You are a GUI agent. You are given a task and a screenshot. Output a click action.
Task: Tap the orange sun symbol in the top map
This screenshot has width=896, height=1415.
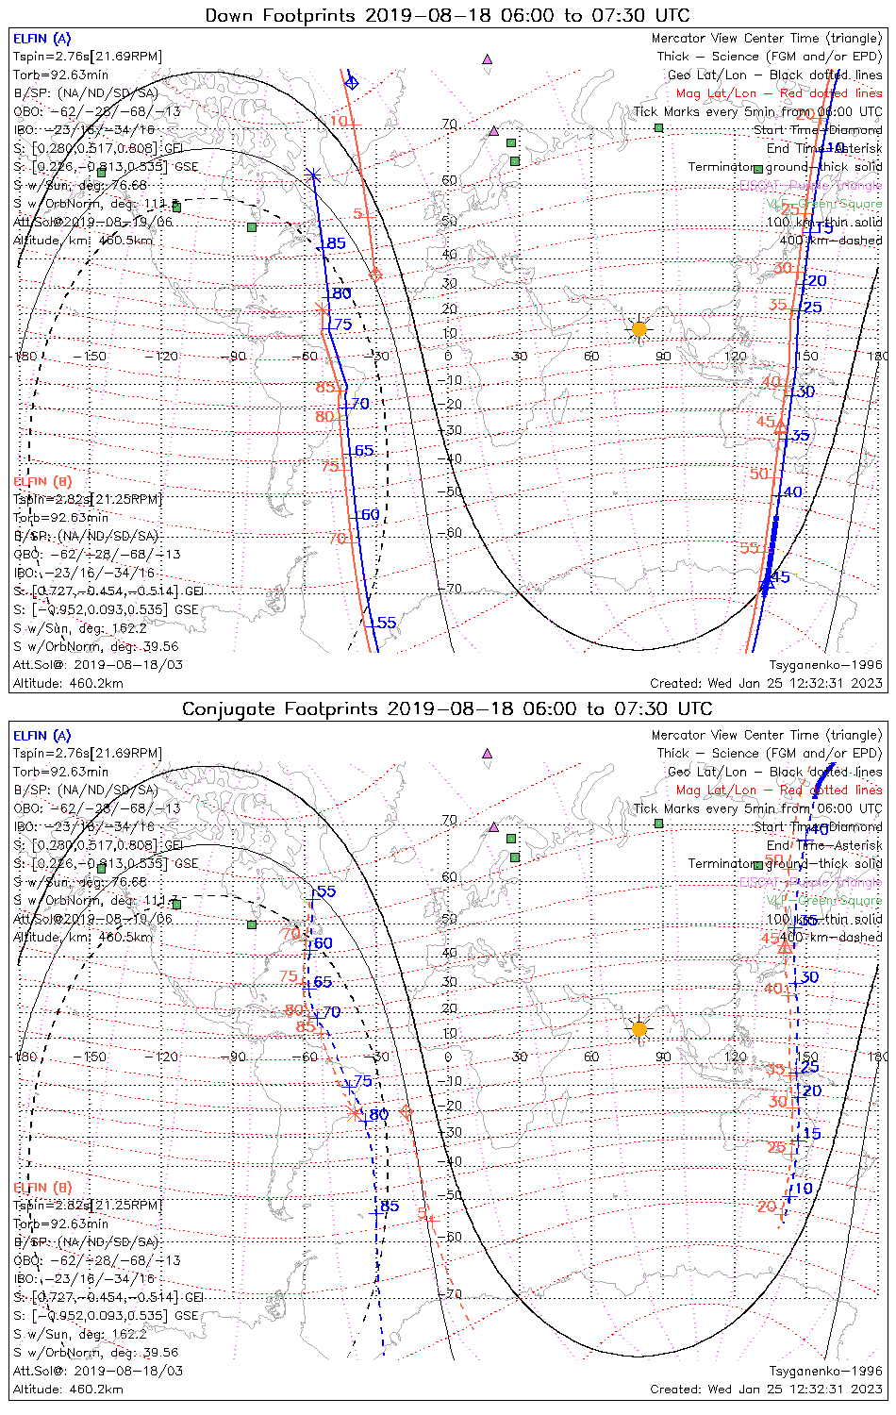[x=639, y=329]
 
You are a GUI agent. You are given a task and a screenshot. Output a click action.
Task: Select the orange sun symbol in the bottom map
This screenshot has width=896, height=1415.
[x=639, y=1028]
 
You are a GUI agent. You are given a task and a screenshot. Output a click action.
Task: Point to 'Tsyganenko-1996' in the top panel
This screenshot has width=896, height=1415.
[x=825, y=665]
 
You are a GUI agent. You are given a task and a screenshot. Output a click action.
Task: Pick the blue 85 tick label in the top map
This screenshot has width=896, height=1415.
[x=336, y=243]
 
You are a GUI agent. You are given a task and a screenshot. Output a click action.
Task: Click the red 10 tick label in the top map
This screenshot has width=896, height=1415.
[x=339, y=122]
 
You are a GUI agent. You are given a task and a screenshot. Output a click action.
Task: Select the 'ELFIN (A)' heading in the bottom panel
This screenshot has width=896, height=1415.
[x=42, y=736]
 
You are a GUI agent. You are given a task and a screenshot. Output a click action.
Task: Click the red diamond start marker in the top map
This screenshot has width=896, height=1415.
[x=375, y=275]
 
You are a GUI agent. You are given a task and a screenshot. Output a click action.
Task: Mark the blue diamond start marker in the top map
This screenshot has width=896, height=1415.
[x=352, y=83]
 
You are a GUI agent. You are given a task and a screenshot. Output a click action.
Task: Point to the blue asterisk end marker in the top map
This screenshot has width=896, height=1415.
[x=314, y=175]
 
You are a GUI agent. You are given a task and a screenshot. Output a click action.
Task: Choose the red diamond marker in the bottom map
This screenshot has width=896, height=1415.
[x=407, y=1112]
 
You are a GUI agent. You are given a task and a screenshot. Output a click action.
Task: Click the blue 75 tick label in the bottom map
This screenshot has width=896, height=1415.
[x=363, y=1081]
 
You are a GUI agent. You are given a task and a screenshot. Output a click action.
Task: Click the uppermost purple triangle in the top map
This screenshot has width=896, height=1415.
[x=488, y=58]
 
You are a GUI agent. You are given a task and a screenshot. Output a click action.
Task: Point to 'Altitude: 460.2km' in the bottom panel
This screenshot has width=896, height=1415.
[x=68, y=1390]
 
